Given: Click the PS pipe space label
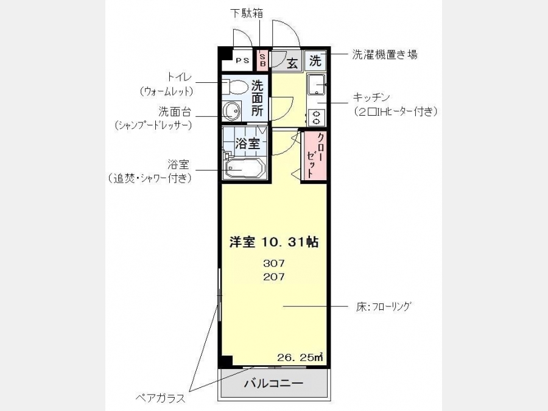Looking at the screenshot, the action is click(242, 60).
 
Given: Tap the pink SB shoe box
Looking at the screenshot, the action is click(262, 60).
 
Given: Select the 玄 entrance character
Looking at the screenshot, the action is click(292, 63).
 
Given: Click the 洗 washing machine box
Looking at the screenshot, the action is click(315, 61).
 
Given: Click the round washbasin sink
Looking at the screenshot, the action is click(232, 111).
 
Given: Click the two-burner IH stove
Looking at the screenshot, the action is click(316, 117).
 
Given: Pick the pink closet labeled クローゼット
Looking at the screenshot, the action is click(314, 156).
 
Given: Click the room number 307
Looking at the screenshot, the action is click(274, 263).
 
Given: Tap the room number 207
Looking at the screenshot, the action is click(274, 277).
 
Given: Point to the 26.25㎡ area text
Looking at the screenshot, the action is click(300, 357).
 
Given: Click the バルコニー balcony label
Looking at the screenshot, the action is click(273, 384).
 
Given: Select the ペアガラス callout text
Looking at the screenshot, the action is click(160, 398).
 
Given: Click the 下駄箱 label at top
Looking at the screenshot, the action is click(247, 13).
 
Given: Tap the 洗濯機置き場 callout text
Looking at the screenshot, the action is click(384, 55).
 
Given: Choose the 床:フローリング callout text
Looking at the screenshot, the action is click(383, 306).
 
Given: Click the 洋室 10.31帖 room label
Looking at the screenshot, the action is click(273, 242).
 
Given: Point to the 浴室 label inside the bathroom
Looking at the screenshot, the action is click(247, 143).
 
